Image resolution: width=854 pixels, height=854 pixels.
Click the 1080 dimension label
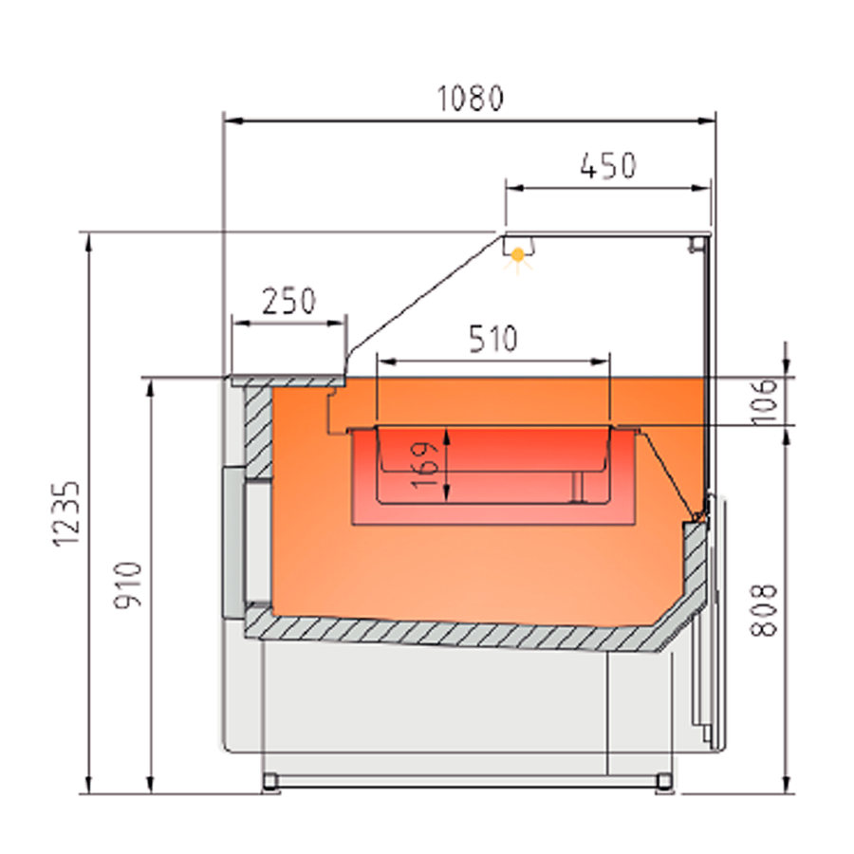point(471,99)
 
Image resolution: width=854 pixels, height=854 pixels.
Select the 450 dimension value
point(608,166)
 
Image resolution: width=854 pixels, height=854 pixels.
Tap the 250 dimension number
point(288,302)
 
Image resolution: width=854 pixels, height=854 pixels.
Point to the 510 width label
point(492,338)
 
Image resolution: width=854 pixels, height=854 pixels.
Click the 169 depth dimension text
point(425,465)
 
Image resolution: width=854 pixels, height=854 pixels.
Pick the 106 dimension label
point(764,401)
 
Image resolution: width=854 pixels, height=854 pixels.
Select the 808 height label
point(763,610)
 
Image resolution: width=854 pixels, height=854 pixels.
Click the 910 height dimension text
point(128,585)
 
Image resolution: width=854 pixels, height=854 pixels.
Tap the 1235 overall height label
point(66,514)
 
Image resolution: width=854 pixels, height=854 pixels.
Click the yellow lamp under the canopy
point(518,254)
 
